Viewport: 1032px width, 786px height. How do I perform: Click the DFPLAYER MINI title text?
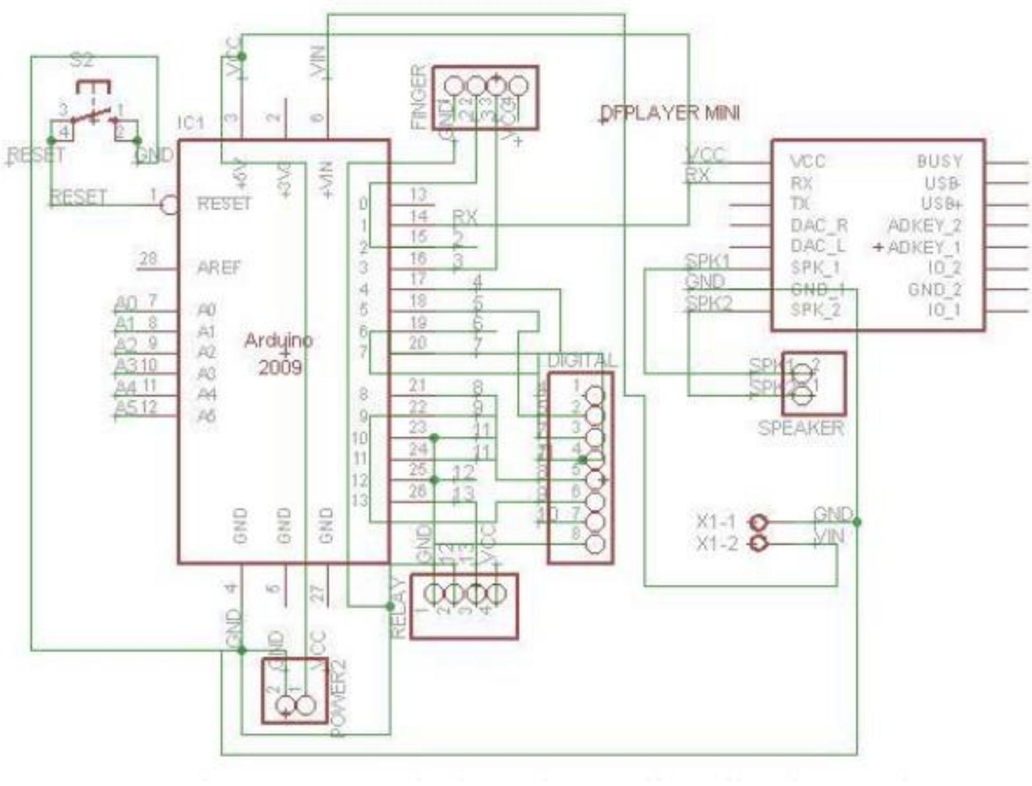coord(671,114)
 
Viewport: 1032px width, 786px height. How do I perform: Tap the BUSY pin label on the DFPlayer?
coord(939,162)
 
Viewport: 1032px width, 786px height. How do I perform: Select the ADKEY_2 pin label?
coord(925,226)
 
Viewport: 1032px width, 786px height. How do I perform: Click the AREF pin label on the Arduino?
coord(219,268)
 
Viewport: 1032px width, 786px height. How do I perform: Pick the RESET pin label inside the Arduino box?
coord(224,203)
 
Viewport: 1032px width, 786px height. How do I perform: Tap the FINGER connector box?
coord(485,98)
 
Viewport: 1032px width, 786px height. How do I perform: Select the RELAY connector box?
coord(464,606)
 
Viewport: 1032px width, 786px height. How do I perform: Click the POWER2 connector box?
coord(294,690)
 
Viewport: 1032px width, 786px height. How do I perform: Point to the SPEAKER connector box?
coord(813,383)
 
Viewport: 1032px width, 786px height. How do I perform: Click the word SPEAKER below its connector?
coord(801,428)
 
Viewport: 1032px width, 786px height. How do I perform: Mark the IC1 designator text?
coord(191,123)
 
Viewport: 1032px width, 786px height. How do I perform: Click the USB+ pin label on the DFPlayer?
coord(941,203)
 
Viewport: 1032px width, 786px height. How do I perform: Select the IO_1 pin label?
coord(944,310)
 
